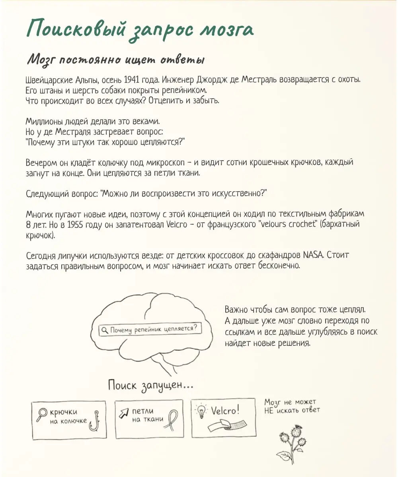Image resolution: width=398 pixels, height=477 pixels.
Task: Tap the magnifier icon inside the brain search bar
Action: [x=105, y=330]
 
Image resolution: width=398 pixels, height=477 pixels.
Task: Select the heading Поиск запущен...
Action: [x=151, y=385]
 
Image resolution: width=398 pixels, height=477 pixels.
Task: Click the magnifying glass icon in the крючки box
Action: [x=41, y=415]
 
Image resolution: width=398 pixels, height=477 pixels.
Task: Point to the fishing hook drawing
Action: [x=94, y=420]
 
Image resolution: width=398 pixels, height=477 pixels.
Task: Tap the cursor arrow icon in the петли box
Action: [x=123, y=412]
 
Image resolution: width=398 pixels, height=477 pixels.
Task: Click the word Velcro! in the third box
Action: [x=225, y=410]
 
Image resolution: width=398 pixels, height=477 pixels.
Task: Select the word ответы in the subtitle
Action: [x=183, y=60]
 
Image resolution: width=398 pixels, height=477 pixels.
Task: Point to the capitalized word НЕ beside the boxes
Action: [x=269, y=411]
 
